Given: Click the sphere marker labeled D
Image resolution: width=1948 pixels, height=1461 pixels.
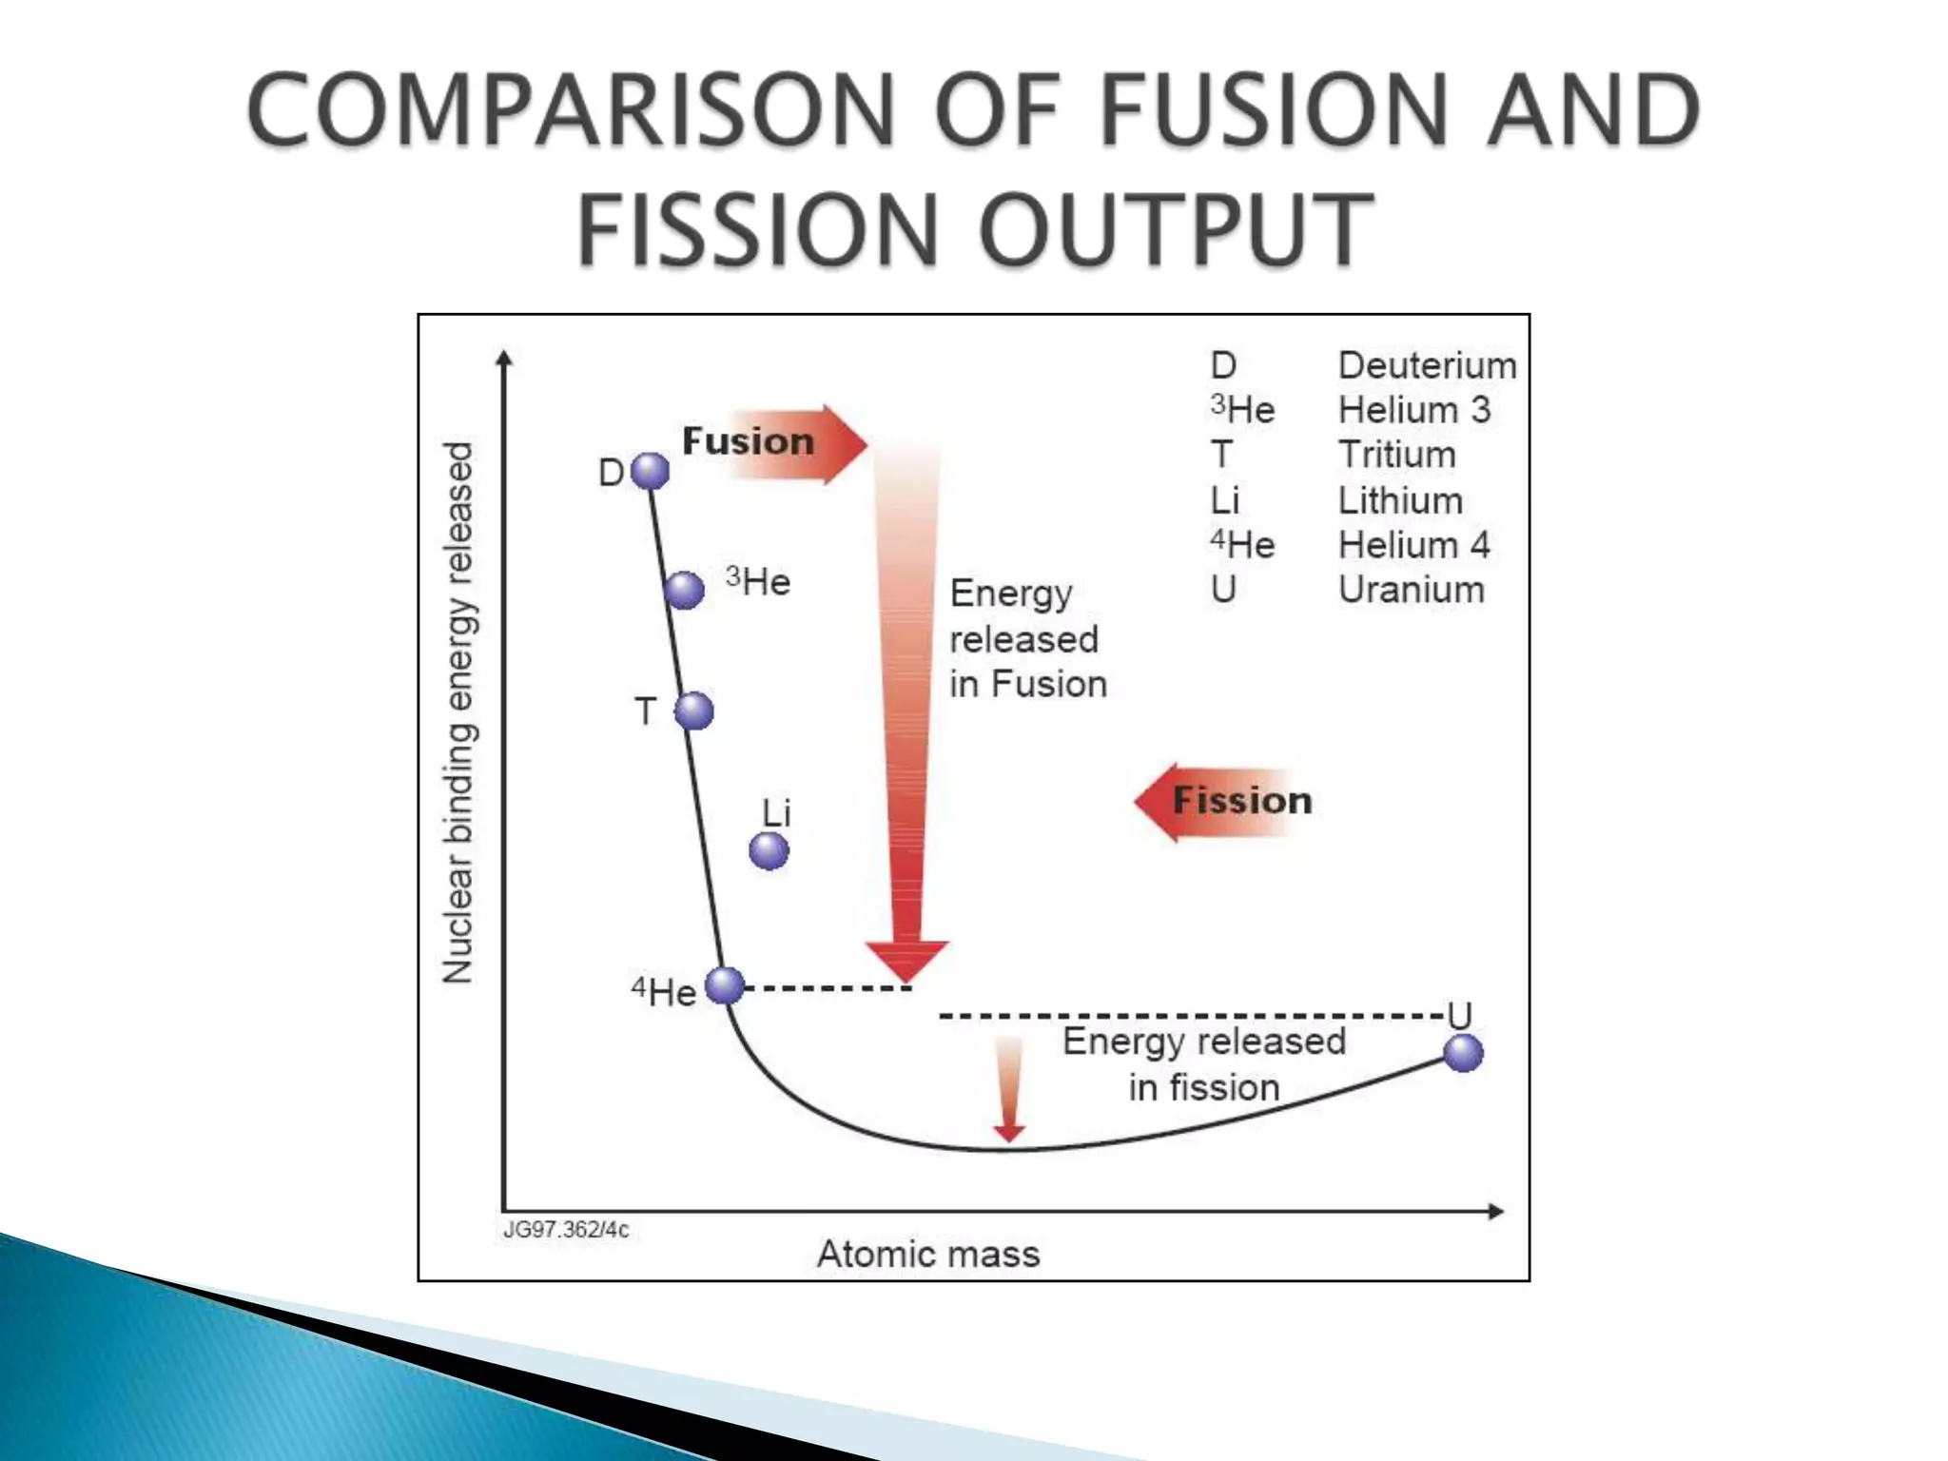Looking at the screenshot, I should click(651, 471).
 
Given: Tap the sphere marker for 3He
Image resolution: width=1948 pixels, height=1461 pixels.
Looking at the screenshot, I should click(684, 590).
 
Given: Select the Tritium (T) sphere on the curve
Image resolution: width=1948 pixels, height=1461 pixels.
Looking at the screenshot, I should click(694, 711).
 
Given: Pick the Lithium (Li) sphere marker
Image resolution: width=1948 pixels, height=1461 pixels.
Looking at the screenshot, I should click(769, 850).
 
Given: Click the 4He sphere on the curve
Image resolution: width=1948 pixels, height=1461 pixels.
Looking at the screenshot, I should click(725, 985).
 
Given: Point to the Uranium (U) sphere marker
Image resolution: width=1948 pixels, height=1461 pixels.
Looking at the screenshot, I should click(1463, 1052).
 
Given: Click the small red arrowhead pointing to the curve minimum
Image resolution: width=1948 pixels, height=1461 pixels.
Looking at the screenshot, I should click(1008, 1132).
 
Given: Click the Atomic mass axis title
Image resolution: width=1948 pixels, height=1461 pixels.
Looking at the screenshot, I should click(928, 1254).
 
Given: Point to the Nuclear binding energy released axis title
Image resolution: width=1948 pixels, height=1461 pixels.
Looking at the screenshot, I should click(458, 713).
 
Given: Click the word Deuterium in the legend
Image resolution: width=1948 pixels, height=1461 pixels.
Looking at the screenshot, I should click(1427, 365).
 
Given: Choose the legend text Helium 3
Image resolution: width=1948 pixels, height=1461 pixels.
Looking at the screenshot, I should click(1413, 410).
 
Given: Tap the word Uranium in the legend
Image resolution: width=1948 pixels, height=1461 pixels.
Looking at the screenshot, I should click(1411, 590).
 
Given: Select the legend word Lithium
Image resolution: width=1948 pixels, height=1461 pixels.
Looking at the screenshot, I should click(1400, 500).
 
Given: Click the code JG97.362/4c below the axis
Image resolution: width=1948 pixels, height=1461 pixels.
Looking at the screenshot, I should click(566, 1230).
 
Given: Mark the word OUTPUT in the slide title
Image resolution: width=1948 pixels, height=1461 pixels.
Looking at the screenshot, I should click(1176, 229).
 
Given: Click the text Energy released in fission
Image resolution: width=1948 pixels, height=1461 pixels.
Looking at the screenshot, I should click(1203, 1063).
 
